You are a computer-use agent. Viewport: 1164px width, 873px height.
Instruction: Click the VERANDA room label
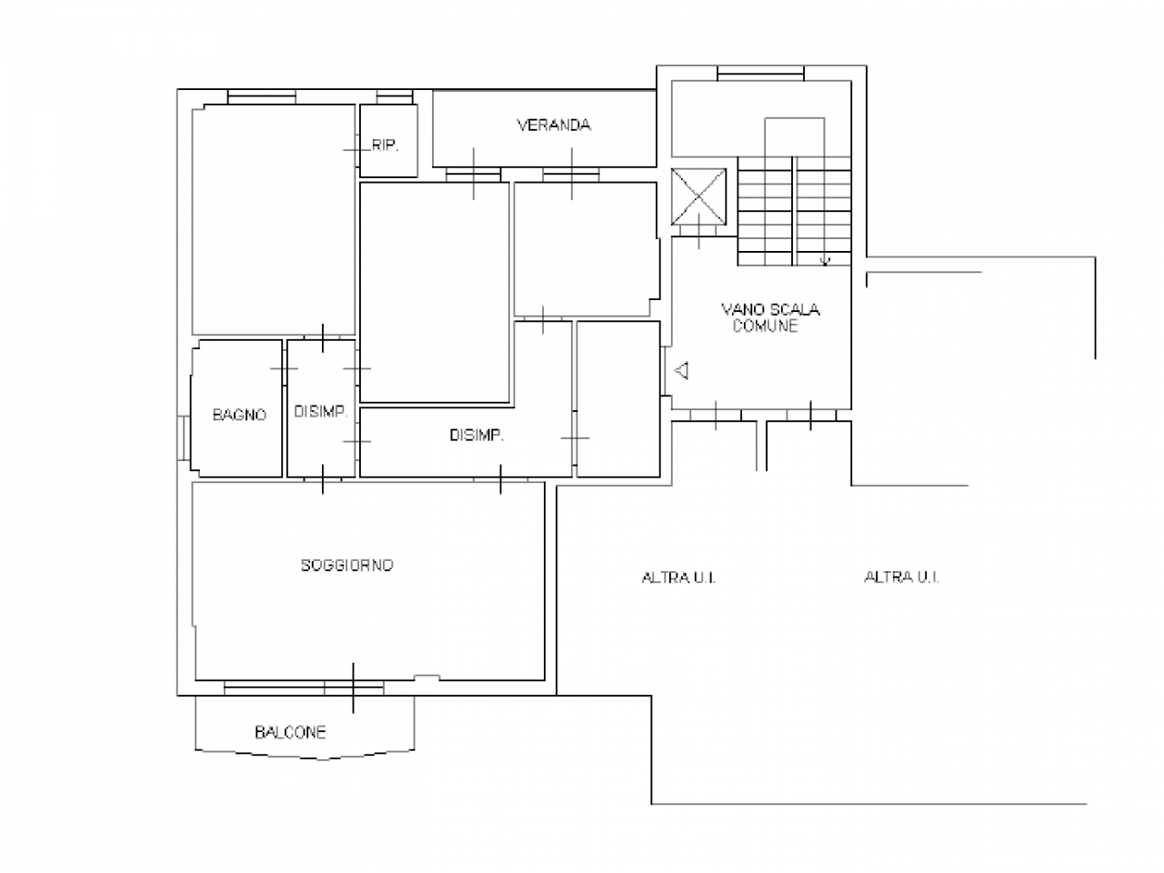point(554,125)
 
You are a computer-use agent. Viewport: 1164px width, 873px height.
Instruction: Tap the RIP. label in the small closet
point(385,145)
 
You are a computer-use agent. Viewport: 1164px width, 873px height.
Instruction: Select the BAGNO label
point(239,415)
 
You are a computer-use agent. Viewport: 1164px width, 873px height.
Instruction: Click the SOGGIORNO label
point(346,566)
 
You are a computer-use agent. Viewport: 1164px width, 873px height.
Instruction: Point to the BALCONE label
point(290,733)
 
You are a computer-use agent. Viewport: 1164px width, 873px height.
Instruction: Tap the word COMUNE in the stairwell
point(765,326)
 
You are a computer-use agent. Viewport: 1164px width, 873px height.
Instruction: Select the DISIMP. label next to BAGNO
point(320,411)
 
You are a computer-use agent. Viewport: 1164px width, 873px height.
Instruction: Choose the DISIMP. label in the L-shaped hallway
point(477,436)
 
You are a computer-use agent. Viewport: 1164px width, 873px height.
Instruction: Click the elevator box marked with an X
point(698,196)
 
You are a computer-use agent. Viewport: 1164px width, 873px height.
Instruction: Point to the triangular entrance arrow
point(682,370)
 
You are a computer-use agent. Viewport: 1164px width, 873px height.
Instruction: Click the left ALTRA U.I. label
point(678,577)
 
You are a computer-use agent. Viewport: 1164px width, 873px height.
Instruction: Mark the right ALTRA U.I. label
point(901,577)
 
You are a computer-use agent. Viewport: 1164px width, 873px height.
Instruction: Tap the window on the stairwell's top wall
point(760,74)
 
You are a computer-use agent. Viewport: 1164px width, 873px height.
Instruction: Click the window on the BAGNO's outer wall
point(184,437)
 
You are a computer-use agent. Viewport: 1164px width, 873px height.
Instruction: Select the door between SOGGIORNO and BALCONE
point(353,688)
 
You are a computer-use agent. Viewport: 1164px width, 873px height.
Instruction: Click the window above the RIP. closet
point(395,97)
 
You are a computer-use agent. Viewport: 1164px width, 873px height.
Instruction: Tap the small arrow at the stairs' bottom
point(825,260)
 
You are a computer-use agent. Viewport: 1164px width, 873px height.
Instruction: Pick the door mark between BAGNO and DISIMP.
point(285,368)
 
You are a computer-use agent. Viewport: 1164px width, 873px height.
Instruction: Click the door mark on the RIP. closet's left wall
point(356,150)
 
